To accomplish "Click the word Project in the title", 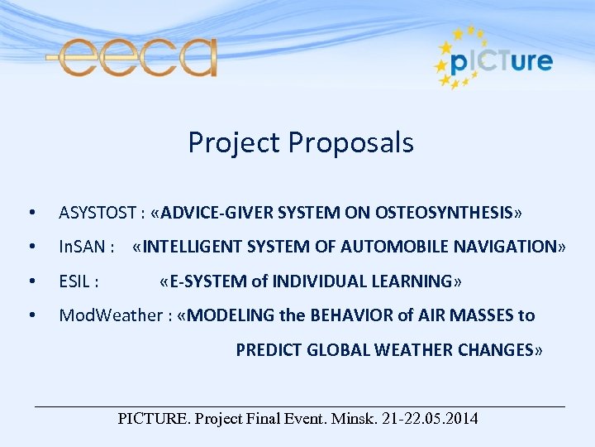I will pyautogui.click(x=234, y=143).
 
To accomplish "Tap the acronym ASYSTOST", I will pyautogui.click(x=98, y=214).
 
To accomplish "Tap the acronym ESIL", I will pyautogui.click(x=79, y=281).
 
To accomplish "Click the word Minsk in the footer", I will pyautogui.click(x=355, y=419).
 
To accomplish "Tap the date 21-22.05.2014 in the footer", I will pyautogui.click(x=431, y=419).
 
